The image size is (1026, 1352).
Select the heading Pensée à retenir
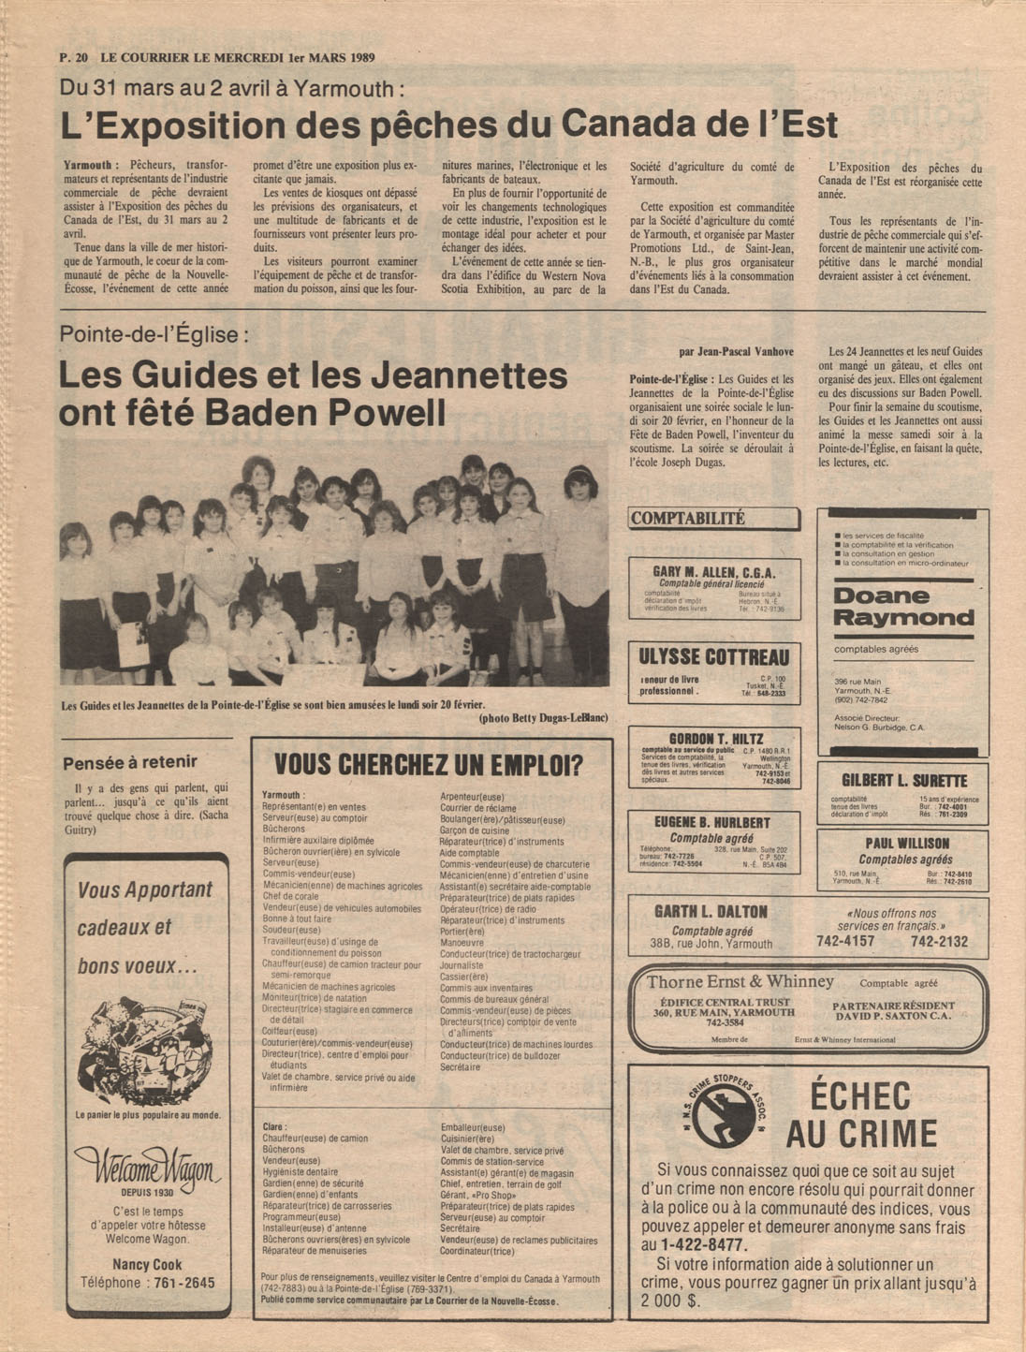tap(130, 762)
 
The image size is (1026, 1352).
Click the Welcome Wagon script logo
tap(147, 1168)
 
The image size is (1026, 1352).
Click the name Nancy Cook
tap(147, 1264)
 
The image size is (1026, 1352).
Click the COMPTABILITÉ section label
tap(688, 519)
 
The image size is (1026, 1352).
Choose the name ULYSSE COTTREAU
tap(713, 657)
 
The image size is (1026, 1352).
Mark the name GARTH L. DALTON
tap(711, 912)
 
